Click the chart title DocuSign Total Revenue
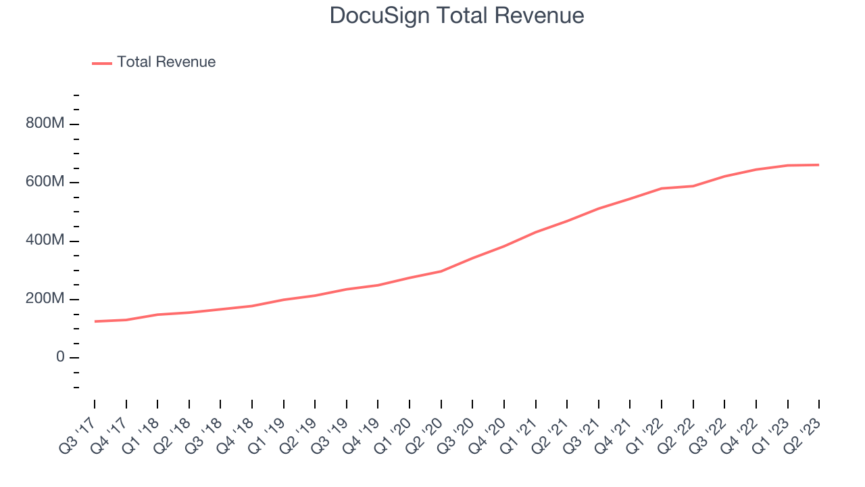pyautogui.click(x=456, y=16)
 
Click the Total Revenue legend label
pyautogui.click(x=166, y=62)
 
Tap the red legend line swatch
pyautogui.click(x=102, y=63)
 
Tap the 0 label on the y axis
pyautogui.click(x=60, y=357)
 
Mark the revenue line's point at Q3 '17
pyautogui.click(x=95, y=321)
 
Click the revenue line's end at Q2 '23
pyautogui.click(x=819, y=165)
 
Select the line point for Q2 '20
pyautogui.click(x=441, y=271)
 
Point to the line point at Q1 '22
pyautogui.click(x=662, y=188)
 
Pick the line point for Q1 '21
pyautogui.click(x=536, y=232)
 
